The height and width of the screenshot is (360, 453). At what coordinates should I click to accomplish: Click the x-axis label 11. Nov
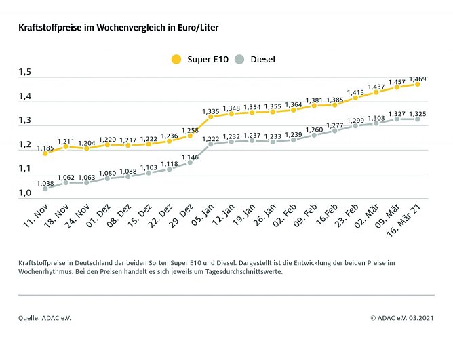coord(35,212)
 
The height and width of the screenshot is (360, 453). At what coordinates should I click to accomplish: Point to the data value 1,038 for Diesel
coord(45,183)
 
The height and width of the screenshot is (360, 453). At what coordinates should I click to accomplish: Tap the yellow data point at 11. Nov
coord(45,153)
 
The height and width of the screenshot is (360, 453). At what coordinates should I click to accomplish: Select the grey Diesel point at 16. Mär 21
coord(417,119)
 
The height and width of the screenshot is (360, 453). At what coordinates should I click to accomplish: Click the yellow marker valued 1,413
coord(355,98)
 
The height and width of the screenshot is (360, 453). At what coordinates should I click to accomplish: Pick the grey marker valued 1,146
coord(190,163)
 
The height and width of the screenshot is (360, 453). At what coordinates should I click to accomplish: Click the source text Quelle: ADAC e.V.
coord(44,317)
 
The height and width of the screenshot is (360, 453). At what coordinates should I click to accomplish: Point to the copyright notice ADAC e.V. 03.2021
coord(402,317)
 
